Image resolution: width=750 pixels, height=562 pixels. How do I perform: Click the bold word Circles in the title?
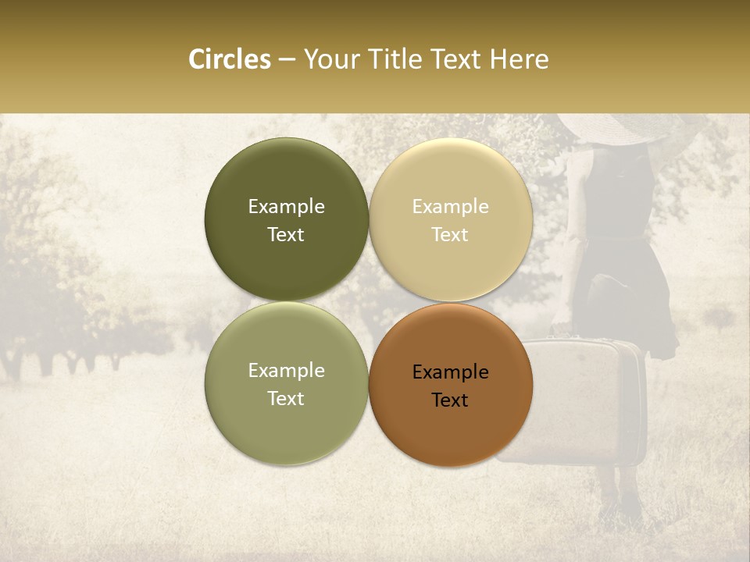coord(229,59)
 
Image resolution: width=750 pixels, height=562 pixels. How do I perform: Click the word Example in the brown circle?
coord(450,372)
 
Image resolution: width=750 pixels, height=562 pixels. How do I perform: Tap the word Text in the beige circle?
coord(450,234)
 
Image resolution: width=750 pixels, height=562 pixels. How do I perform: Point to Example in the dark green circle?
coord(286,207)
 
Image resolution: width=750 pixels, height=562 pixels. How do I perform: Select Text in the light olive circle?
coord(286,398)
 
